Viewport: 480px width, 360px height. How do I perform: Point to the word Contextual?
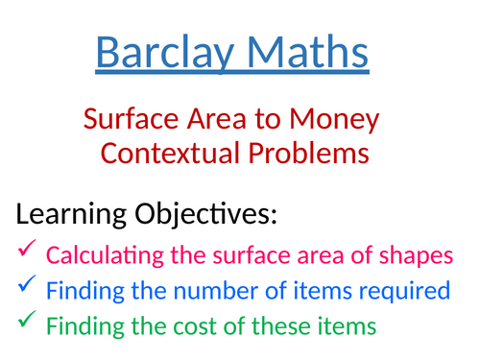tap(168, 153)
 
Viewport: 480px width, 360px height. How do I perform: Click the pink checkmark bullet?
tap(26, 252)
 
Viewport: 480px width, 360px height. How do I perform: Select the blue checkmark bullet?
tap(26, 286)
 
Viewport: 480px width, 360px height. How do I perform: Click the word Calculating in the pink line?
tap(102, 256)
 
